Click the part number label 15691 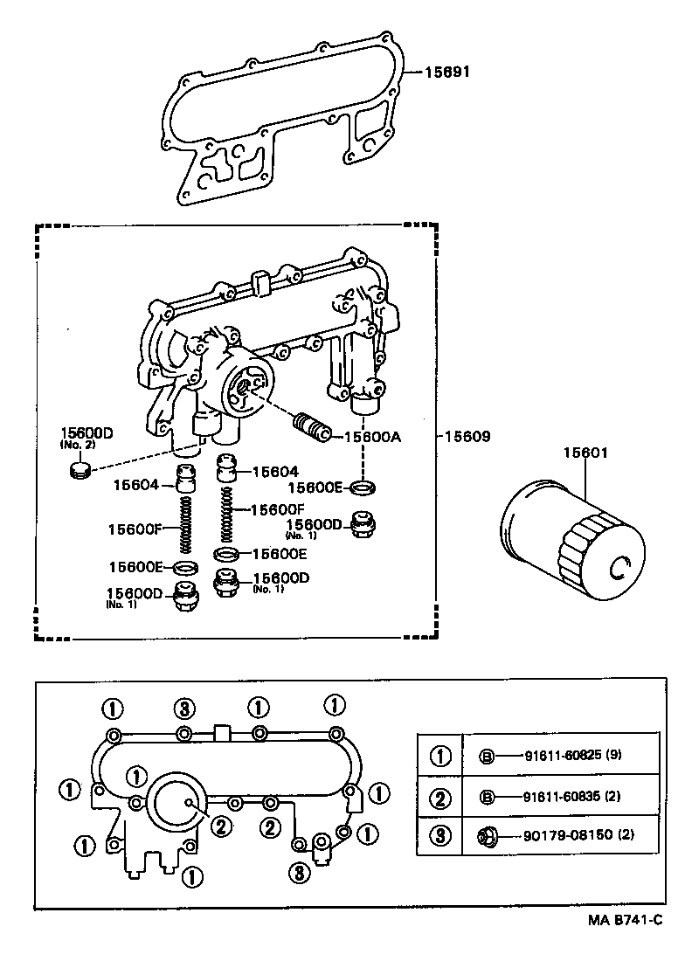[448, 73]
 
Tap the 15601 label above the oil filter [585, 453]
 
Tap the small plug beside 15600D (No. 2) [80, 473]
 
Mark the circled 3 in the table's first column [441, 836]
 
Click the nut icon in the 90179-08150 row [487, 836]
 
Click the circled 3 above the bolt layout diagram [183, 706]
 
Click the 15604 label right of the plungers [275, 471]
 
